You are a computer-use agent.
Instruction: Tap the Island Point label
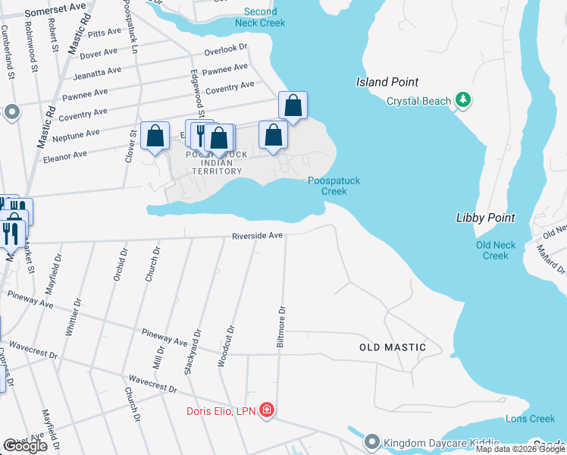(x=387, y=82)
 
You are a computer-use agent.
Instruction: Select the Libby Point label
(x=485, y=218)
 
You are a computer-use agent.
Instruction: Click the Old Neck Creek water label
(x=496, y=250)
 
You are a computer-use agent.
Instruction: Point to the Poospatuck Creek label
(x=334, y=186)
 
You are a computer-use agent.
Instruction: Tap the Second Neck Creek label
(x=260, y=17)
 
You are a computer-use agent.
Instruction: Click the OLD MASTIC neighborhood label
(x=392, y=347)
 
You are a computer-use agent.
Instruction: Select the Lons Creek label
(x=531, y=419)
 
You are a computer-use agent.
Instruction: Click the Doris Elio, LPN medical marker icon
(x=266, y=411)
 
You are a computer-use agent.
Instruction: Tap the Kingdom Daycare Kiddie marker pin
(x=371, y=441)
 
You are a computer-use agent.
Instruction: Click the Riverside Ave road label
(x=257, y=236)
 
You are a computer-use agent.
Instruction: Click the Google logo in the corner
(x=24, y=446)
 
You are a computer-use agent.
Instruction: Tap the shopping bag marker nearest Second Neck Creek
(x=293, y=105)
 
